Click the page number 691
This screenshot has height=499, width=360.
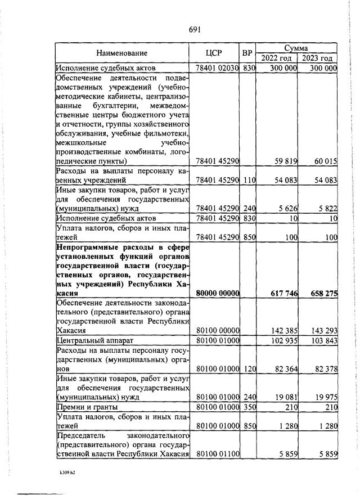click(x=195, y=29)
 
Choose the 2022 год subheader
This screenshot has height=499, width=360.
click(x=277, y=58)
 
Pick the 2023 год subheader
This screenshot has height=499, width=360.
click(x=317, y=58)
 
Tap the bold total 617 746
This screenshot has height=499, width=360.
click(x=282, y=294)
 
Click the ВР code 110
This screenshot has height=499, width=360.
click(x=249, y=180)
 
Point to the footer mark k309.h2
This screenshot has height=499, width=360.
click(x=67, y=473)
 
